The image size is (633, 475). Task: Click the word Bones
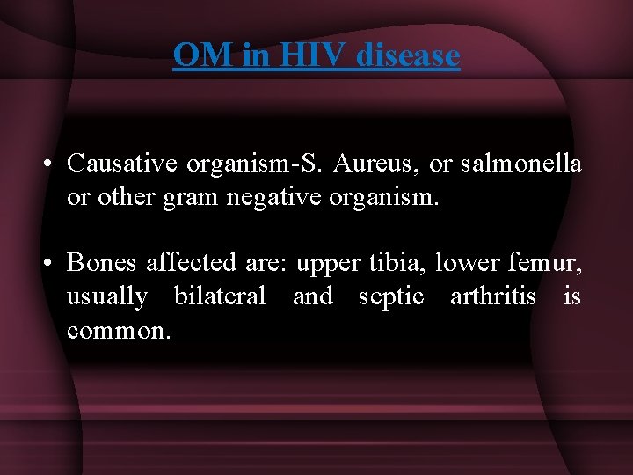coord(103,263)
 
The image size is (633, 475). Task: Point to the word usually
coord(106,297)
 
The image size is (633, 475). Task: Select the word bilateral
coord(220,296)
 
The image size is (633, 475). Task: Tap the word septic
coord(391,297)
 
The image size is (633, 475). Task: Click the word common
coord(119,331)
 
